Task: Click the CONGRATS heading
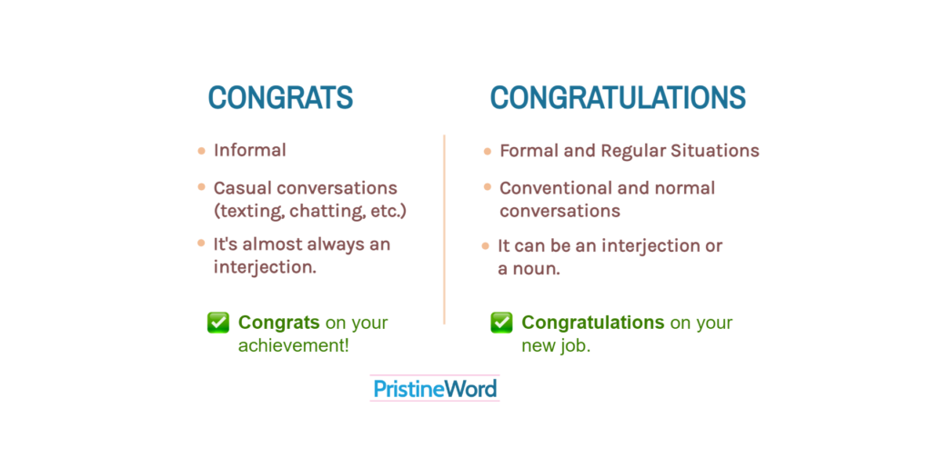280,98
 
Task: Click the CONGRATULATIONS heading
618,98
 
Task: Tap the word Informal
250,150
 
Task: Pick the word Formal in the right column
529,150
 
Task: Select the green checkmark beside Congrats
218,323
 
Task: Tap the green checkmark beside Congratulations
501,323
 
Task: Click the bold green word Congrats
278,323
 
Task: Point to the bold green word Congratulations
593,323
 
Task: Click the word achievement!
294,346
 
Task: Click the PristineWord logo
435,390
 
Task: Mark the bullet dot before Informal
201,150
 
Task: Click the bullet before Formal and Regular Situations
488,151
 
